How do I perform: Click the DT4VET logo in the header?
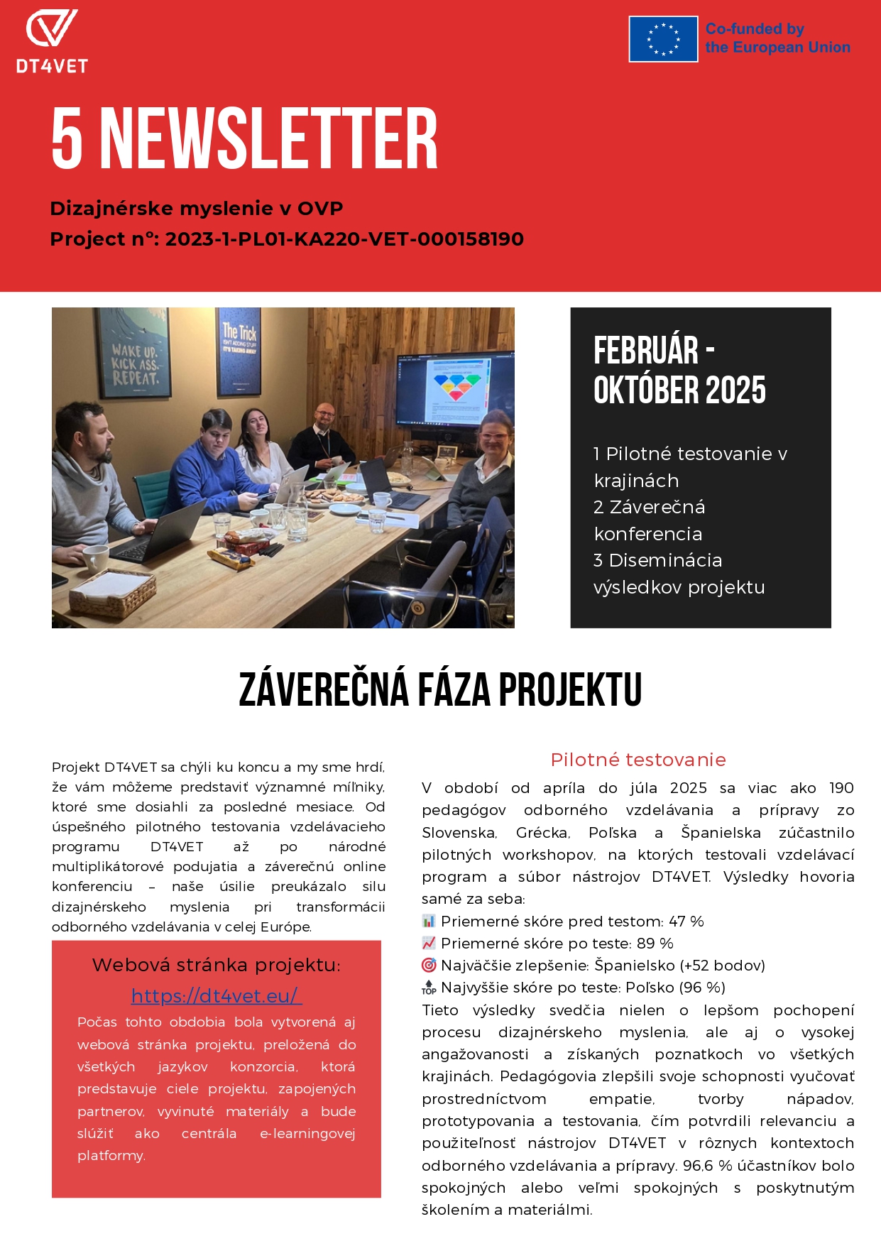coord(52,41)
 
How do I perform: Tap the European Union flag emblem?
coord(663,39)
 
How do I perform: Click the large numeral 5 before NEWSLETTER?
coord(67,139)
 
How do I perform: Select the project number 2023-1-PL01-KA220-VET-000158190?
coord(344,239)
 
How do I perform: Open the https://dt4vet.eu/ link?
coord(217,996)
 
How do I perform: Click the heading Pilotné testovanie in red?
coord(638,760)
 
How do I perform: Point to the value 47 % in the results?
coord(686,922)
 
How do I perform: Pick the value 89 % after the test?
coord(656,944)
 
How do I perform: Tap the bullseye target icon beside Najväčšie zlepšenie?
coord(429,966)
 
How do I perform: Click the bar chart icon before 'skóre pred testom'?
coord(429,922)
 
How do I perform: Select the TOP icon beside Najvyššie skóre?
coord(429,988)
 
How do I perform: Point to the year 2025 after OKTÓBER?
coord(736,390)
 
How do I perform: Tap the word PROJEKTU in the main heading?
coord(570,689)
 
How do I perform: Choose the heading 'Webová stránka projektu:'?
coord(217,965)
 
